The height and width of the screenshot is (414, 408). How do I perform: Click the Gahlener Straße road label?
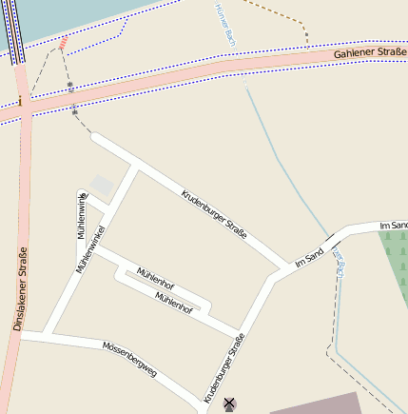[370, 54]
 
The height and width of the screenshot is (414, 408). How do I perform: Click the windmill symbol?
[228, 404]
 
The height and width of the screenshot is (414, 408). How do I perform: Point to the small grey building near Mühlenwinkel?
[101, 185]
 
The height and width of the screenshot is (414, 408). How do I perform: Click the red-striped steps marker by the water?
[63, 43]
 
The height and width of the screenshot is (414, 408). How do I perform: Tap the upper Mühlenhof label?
[155, 278]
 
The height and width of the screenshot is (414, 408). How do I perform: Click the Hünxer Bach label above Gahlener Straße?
[226, 26]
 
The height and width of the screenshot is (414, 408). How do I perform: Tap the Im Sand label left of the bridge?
[310, 255]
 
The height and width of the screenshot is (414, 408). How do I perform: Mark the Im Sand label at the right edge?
[393, 225]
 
